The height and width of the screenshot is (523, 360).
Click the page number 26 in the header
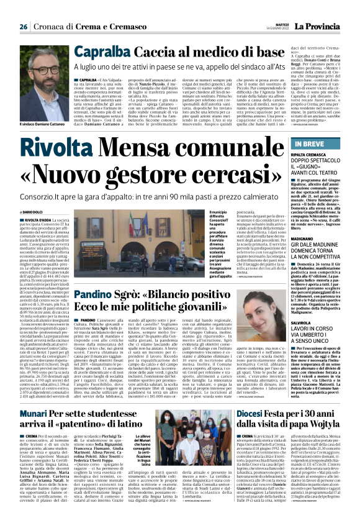23,27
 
